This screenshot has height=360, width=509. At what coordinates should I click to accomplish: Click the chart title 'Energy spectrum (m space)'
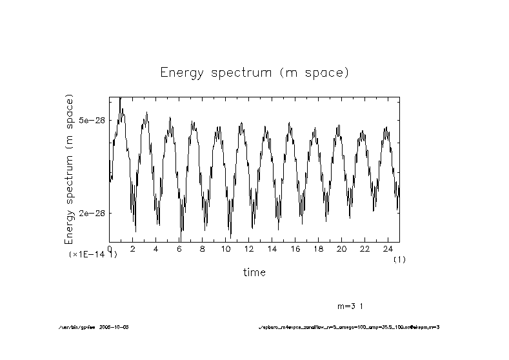[x=254, y=72]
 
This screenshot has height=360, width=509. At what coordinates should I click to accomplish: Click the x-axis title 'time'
[x=254, y=272]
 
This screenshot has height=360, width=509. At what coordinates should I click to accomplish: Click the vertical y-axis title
[x=70, y=169]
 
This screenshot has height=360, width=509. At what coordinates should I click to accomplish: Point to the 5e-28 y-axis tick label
[x=92, y=121]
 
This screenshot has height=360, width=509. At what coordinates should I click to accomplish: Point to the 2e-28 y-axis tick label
[x=92, y=214]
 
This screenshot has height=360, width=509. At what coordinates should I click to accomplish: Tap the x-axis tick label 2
[x=133, y=248]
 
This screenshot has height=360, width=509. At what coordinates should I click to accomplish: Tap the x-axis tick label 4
[x=155, y=248]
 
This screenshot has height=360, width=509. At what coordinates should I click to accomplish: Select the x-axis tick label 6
[x=179, y=248]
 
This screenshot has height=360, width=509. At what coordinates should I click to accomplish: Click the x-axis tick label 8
[x=202, y=248]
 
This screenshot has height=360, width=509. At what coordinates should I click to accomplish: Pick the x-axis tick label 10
[x=225, y=248]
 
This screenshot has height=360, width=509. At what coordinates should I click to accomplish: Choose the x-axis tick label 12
[x=248, y=248]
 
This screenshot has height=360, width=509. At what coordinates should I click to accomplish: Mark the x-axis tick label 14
[x=272, y=248]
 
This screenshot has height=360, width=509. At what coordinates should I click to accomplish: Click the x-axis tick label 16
[x=295, y=248]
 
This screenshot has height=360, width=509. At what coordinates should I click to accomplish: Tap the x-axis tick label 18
[x=318, y=248]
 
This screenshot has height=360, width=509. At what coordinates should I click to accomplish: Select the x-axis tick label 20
[x=341, y=248]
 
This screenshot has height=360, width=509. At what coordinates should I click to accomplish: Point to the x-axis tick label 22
[x=364, y=248]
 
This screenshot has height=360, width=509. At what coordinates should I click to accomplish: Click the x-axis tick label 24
[x=388, y=248]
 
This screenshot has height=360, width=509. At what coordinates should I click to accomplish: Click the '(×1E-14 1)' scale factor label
[x=93, y=255]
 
